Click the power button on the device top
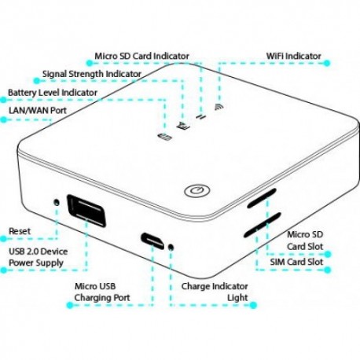pyautogui.click(x=197, y=190)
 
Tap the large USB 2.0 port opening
pyautogui.click(x=86, y=211)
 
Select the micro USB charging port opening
pyautogui.click(x=152, y=241)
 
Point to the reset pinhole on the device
pyautogui.click(x=56, y=202)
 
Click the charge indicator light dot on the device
pyautogui.click(x=171, y=247)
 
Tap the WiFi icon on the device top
pyautogui.click(x=219, y=107)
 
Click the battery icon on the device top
pyautogui.click(x=164, y=137)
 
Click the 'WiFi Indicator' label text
pyautogui.click(x=293, y=56)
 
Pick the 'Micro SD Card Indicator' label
pyautogui.click(x=141, y=56)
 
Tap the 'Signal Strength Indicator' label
pyautogui.click(x=92, y=74)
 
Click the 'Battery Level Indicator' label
pyautogui.click(x=53, y=93)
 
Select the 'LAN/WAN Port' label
pyautogui.click(x=38, y=110)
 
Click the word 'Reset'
pyautogui.click(x=20, y=231)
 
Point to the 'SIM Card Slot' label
pyautogui.click(x=296, y=262)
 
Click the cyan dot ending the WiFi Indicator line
pyautogui.click(x=327, y=63)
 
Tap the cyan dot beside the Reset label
pyautogui.click(x=3, y=239)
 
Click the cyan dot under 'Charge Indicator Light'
pyautogui.click(x=253, y=305)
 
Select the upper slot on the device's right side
pyautogui.click(x=262, y=198)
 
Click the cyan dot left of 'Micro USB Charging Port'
pyautogui.click(x=70, y=305)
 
